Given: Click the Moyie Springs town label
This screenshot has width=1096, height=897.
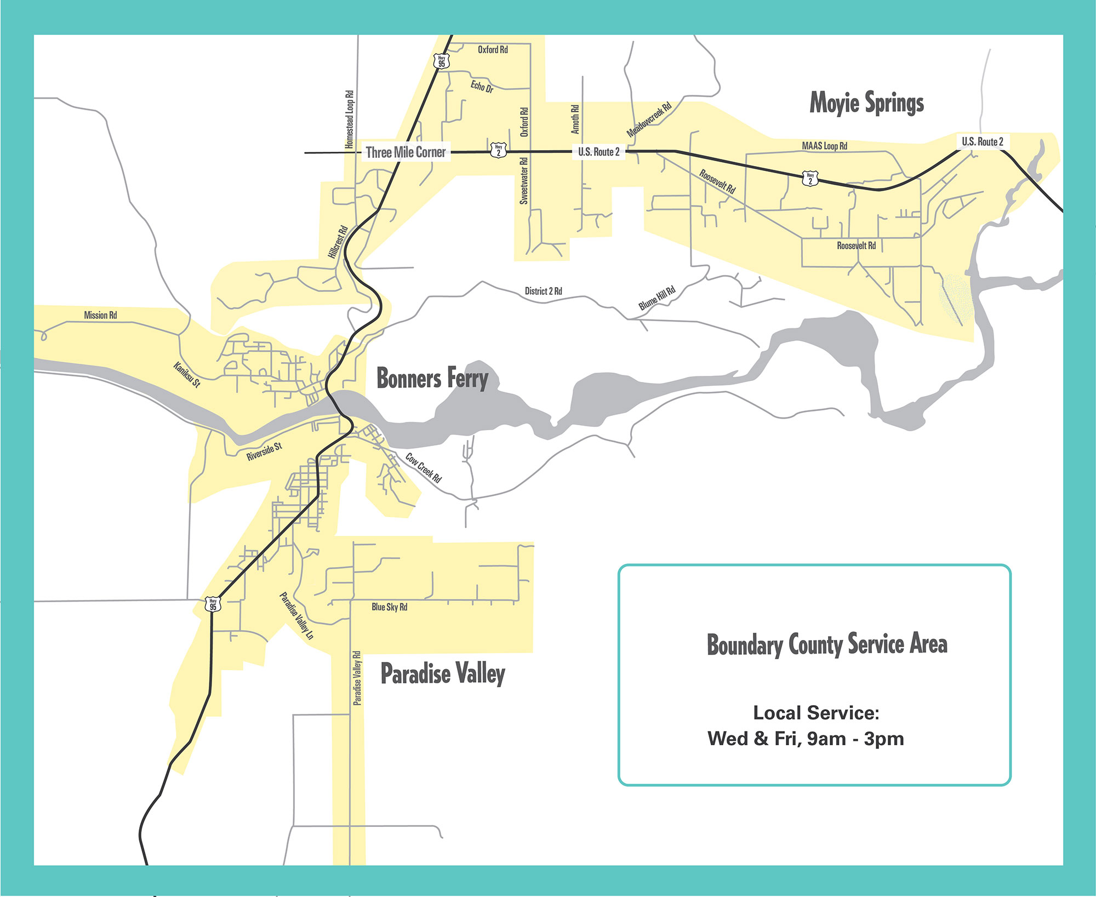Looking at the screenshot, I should [866, 103].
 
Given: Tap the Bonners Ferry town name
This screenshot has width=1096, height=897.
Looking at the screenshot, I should [432, 378].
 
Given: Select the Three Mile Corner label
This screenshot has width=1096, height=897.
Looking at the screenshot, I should [406, 152].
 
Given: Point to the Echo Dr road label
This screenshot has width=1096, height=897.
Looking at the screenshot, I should [482, 87].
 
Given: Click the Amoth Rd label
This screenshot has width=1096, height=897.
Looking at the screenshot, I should [575, 119].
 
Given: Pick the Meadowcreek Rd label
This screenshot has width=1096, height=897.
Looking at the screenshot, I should [649, 119].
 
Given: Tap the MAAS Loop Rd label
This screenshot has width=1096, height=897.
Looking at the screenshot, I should [824, 146].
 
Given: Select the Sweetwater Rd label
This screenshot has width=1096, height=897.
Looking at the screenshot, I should [524, 181].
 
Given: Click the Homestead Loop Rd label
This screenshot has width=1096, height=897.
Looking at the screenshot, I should [349, 119].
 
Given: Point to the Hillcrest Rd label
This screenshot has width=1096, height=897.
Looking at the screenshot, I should [338, 242].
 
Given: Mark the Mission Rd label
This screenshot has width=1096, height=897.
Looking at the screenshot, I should [100, 315].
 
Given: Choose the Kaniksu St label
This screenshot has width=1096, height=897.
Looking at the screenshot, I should [187, 375].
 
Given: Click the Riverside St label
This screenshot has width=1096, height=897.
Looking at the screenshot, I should [264, 452].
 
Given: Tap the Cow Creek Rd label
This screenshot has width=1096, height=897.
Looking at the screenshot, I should [423, 467].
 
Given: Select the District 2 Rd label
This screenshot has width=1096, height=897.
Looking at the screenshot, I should [543, 291].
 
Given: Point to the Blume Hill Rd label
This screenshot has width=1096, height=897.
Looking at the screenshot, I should [657, 298].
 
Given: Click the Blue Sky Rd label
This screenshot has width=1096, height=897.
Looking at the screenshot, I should [389, 607].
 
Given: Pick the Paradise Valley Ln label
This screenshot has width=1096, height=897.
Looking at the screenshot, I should [296, 615].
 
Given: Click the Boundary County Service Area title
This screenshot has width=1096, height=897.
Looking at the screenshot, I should [826, 644].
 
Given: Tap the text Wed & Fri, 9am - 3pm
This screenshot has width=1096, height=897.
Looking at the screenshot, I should [806, 739].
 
